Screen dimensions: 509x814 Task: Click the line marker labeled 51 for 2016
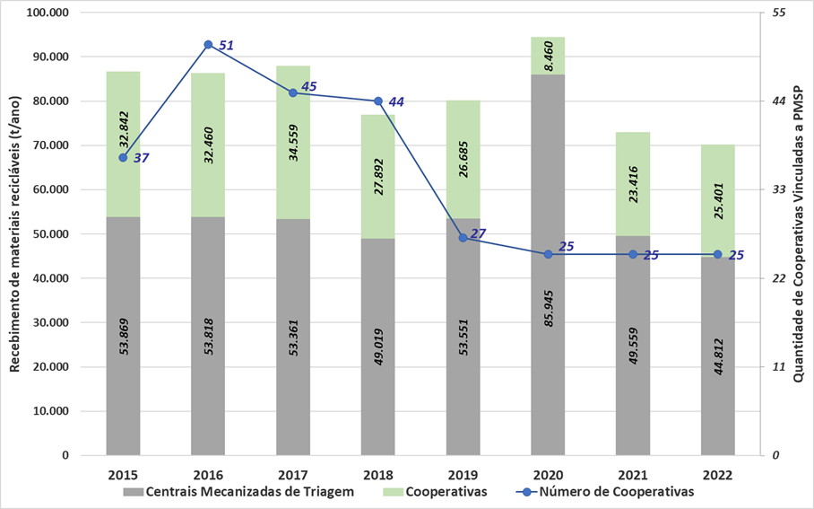(208, 45)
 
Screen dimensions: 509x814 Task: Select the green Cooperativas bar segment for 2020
(548, 56)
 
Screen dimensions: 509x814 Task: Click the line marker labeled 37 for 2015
(124, 157)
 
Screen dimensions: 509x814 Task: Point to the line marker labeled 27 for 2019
(463, 238)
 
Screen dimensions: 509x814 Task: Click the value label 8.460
(548, 56)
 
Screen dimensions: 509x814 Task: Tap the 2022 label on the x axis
(717, 473)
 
